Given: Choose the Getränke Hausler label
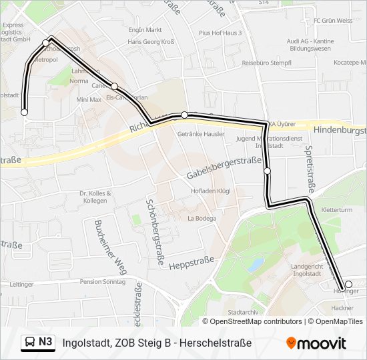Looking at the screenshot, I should (x=202, y=133).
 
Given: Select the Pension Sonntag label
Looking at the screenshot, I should (x=102, y=282).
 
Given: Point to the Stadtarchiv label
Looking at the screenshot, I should (x=242, y=311).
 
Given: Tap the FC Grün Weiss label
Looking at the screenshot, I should (x=333, y=21).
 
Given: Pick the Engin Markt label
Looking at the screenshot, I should (x=145, y=30).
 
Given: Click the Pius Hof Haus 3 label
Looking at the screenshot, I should (x=220, y=33).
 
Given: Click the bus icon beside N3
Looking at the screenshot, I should (x=29, y=343).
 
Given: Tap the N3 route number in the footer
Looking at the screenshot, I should (x=45, y=343).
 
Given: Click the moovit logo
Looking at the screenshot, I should (x=316, y=343).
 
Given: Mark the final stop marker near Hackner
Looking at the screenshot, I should (x=348, y=284).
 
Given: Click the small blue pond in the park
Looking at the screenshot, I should (x=254, y=264).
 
